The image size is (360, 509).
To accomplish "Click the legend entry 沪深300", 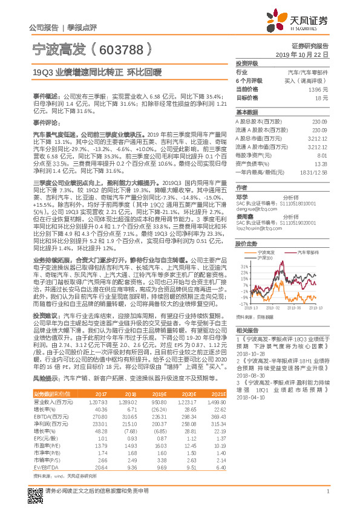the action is tap(266, 258).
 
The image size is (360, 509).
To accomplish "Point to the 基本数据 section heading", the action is tap(246, 112).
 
